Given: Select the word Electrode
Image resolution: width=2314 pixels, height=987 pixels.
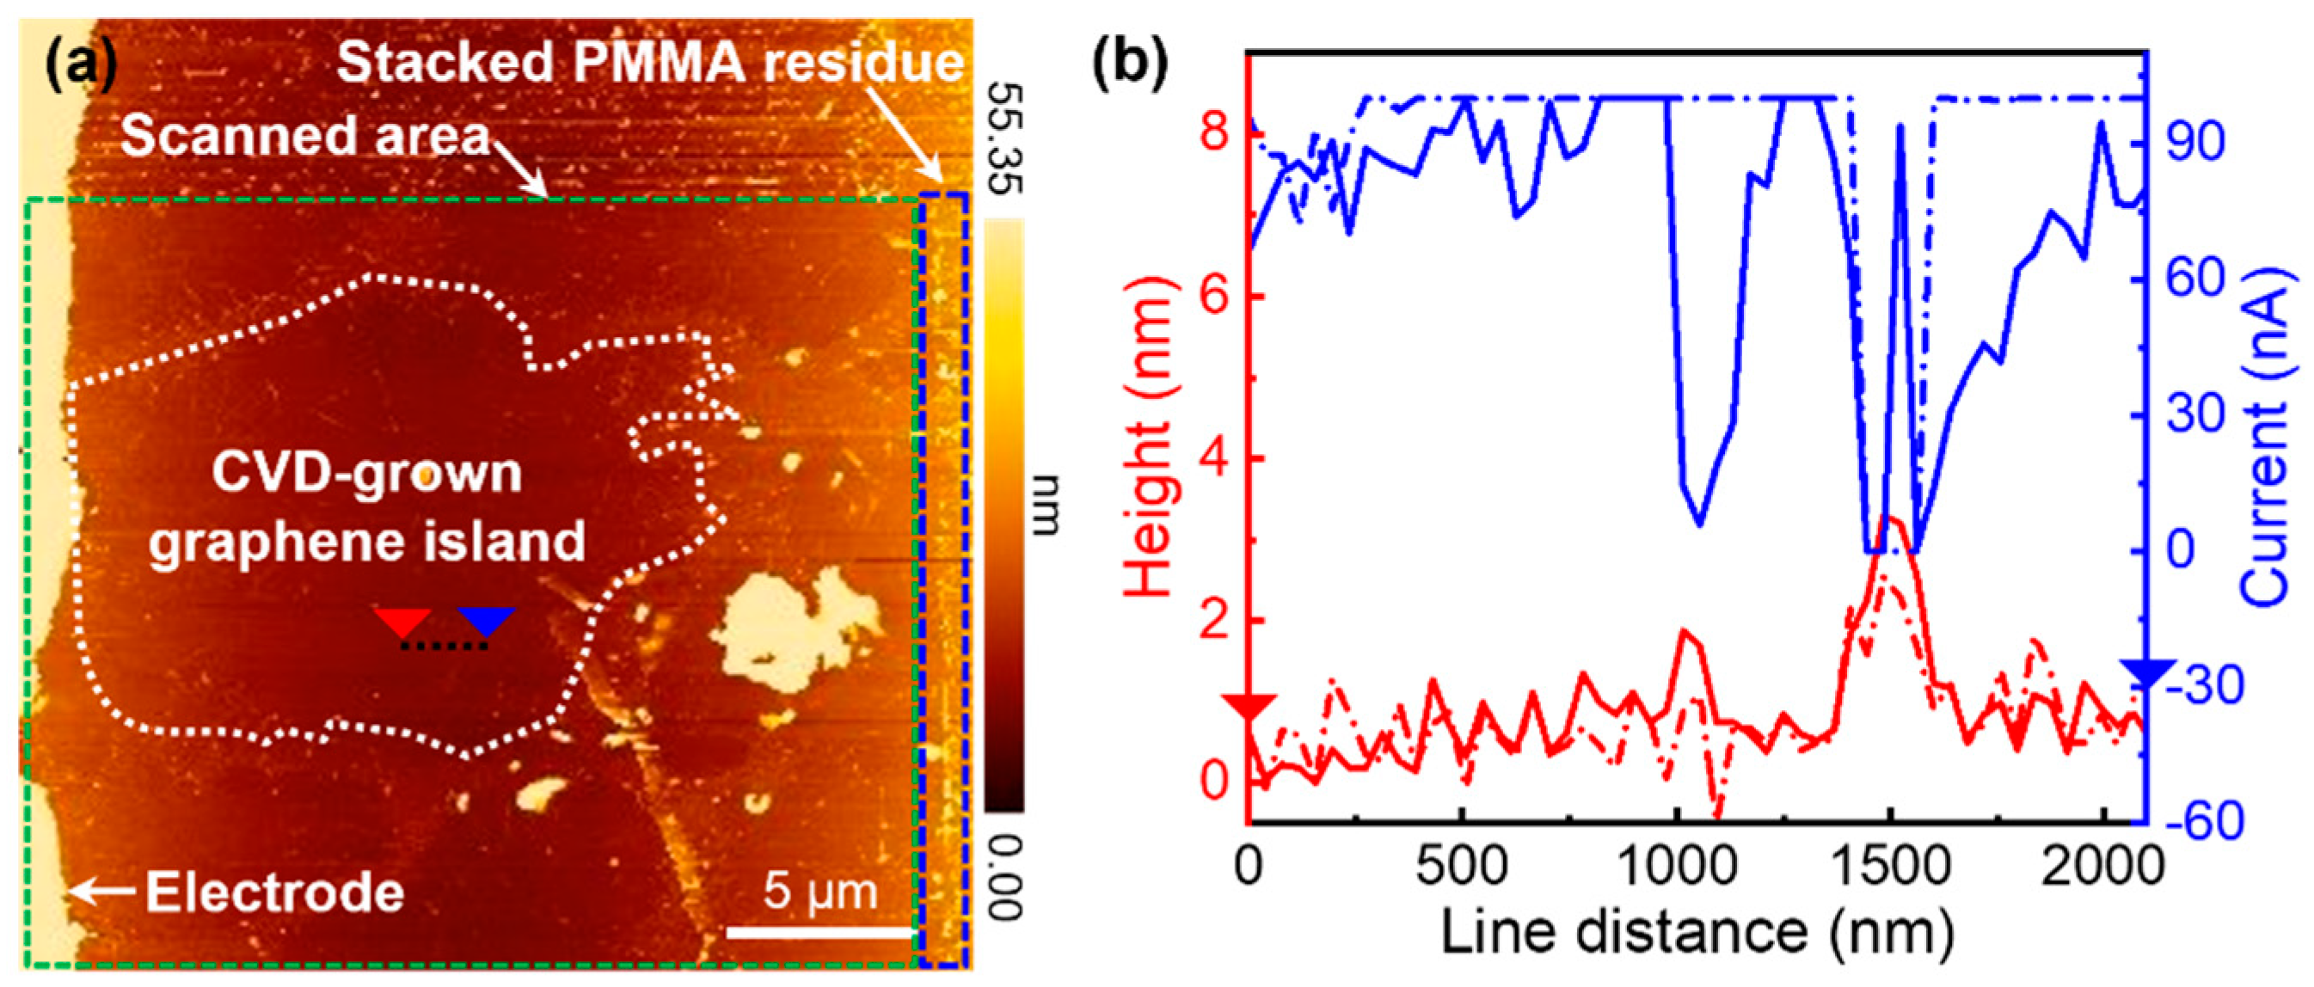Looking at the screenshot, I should pos(275,892).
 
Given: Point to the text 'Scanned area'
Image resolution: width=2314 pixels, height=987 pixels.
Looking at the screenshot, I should pos(305,137).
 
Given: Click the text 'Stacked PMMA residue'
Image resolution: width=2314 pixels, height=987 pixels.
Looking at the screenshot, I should pos(648,63).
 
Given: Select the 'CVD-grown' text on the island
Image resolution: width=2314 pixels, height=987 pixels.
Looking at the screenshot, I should pos(366,472).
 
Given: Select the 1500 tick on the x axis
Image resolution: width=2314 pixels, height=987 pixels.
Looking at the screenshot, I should pos(1891,867).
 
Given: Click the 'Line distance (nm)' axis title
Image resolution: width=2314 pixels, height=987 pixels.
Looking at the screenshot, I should pos(1697,932).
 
